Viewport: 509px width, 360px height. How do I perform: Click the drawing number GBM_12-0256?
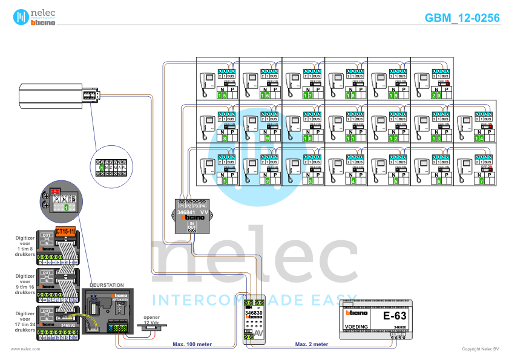pos(462,18)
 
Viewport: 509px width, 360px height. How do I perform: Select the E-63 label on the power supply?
pos(395,316)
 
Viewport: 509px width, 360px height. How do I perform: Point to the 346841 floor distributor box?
pos(192,216)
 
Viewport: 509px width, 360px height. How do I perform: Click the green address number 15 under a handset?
pos(222,96)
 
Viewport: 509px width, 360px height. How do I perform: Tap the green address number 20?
pos(436,96)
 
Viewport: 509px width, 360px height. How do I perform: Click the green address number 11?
pos(351,139)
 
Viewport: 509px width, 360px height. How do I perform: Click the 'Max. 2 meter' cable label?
pos(312,344)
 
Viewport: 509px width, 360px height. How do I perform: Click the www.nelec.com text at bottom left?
pos(25,349)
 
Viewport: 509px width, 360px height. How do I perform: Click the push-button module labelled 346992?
pos(57,318)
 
